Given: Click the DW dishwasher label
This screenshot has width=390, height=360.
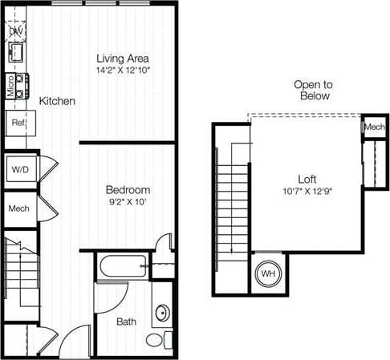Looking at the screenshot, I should click(17, 31).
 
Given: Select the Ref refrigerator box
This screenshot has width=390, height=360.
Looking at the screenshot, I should click(17, 124).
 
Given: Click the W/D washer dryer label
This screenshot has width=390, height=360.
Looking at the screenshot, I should click(19, 168).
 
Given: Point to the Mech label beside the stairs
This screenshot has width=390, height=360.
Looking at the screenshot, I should click(18, 209).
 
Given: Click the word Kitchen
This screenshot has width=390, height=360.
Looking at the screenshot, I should click(57, 102).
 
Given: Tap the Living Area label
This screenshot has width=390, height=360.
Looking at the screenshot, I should click(123, 59).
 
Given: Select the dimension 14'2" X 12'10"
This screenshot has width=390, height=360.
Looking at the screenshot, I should click(123, 71).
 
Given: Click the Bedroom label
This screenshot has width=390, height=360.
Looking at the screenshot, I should click(128, 190).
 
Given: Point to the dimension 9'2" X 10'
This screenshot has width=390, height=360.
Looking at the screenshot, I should click(128, 202).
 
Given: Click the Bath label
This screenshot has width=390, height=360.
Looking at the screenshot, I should click(127, 322).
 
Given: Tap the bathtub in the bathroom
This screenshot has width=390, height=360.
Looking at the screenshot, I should click(122, 266).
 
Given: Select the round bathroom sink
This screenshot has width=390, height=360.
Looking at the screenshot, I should click(160, 313).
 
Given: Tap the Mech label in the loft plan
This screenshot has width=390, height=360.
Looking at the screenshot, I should click(374, 127).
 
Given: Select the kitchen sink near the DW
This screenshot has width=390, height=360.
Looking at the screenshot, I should click(15, 54).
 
